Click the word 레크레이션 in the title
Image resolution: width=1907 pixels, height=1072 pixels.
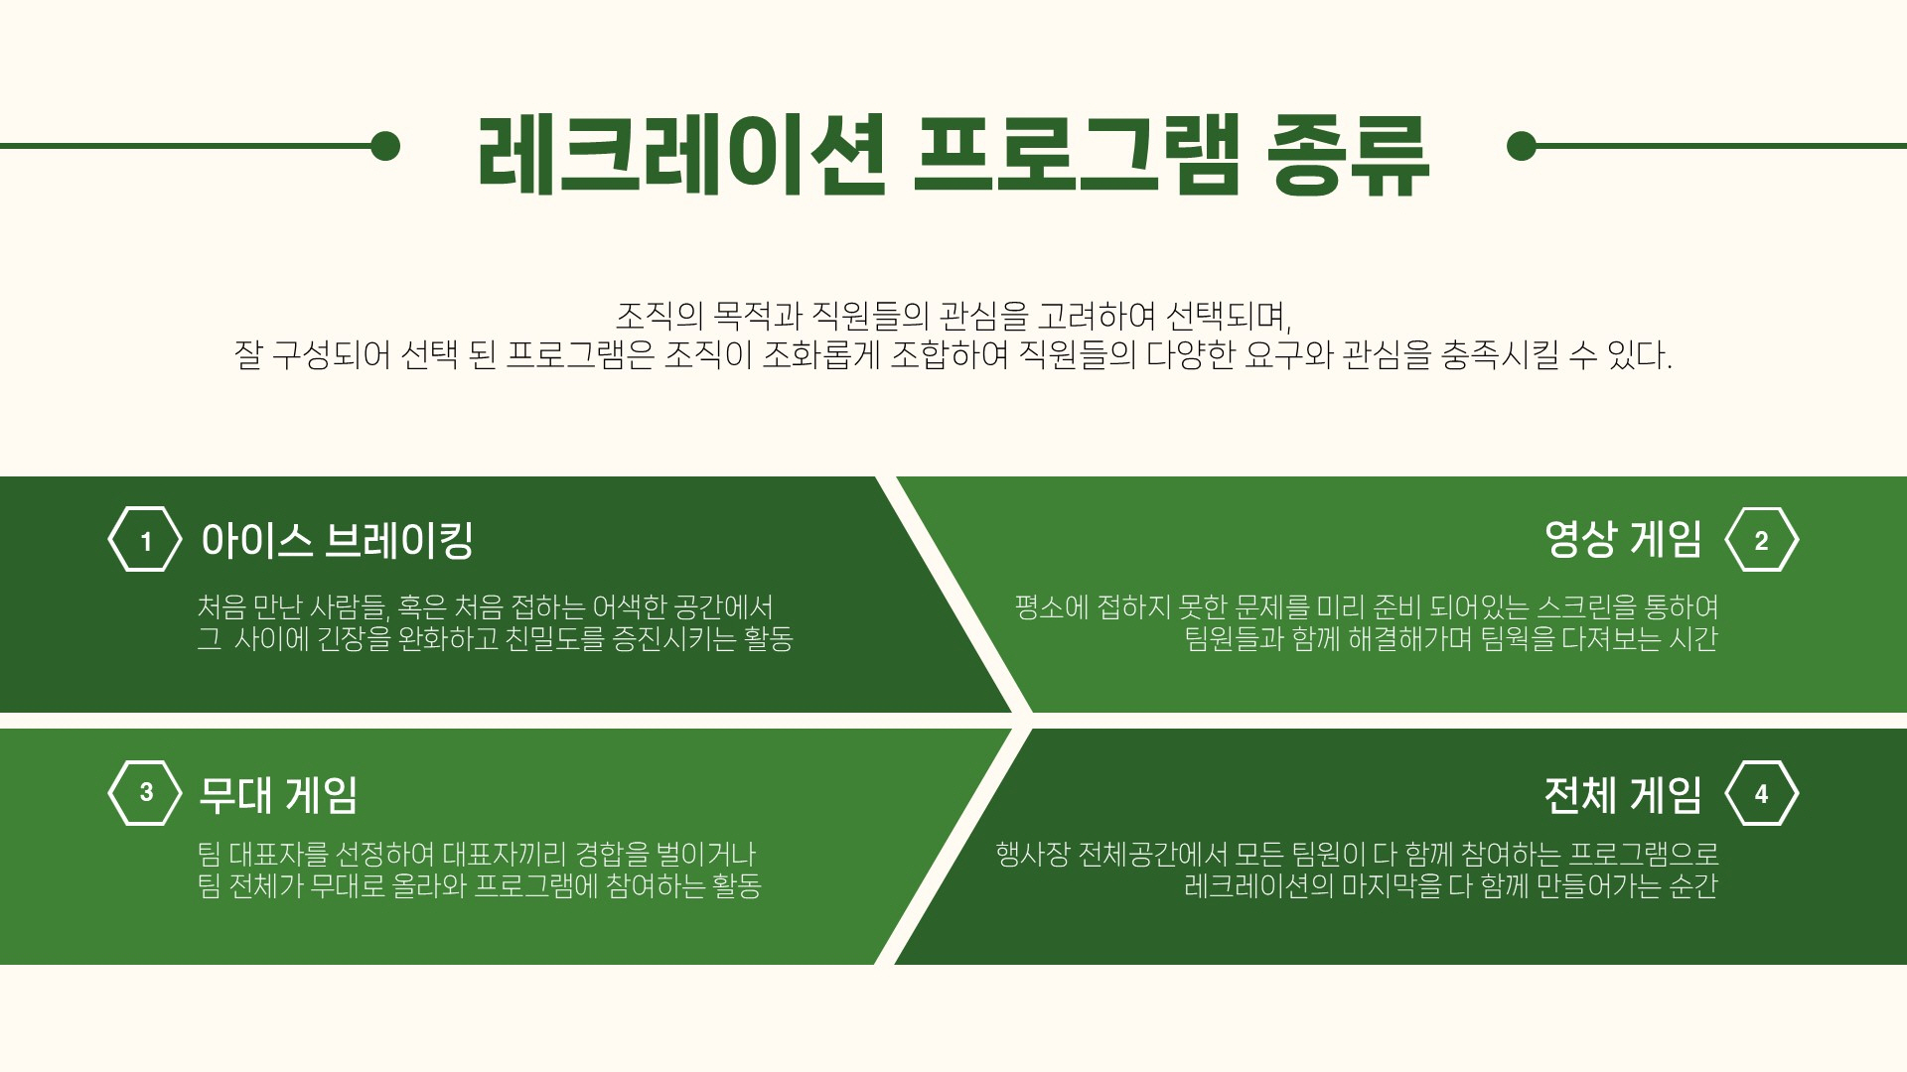click(681, 155)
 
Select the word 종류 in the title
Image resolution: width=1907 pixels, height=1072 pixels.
click(1349, 155)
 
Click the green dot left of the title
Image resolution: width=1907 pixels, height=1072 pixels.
click(385, 146)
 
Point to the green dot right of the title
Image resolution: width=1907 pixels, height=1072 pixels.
click(1522, 146)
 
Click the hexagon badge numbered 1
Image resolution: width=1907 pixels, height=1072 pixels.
click(145, 540)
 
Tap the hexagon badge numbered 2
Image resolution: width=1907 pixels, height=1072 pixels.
click(1762, 540)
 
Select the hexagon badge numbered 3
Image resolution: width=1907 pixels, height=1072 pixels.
click(145, 792)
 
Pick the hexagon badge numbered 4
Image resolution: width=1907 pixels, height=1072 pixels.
click(1762, 792)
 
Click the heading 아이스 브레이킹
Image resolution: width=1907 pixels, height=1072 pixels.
click(337, 540)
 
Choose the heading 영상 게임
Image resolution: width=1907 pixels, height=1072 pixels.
click(1623, 539)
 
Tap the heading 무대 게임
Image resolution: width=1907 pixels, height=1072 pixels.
click(278, 794)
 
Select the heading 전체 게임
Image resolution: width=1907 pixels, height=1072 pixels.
click(1623, 794)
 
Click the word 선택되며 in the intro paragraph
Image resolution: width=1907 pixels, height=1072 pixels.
click(1228, 317)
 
